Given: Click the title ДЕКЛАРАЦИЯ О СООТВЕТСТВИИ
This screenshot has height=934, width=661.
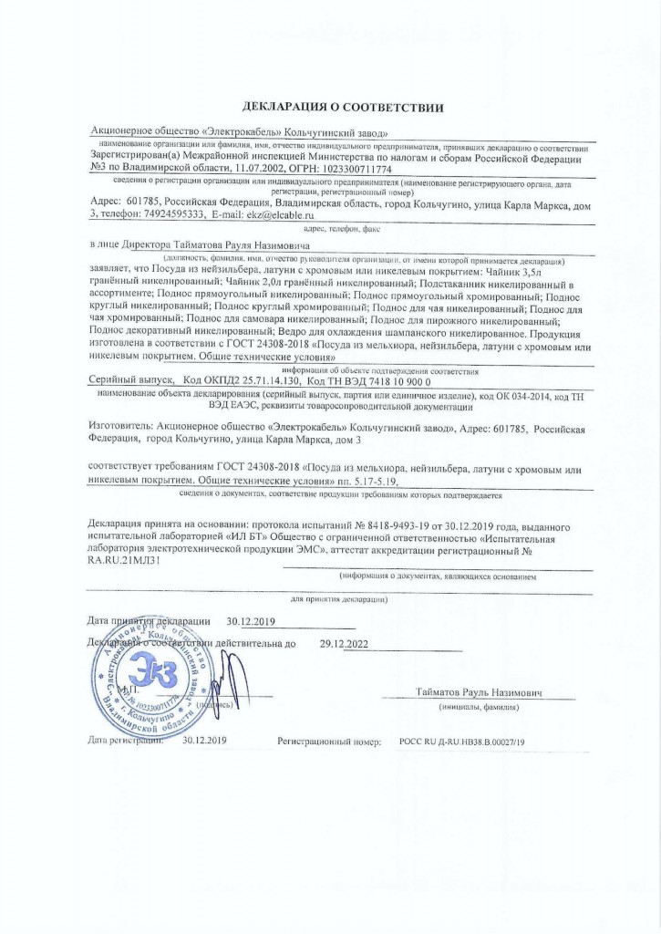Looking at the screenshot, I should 342,109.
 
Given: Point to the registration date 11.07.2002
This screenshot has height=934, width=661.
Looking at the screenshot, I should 259,169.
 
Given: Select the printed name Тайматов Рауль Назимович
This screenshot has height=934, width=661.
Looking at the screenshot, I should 479,693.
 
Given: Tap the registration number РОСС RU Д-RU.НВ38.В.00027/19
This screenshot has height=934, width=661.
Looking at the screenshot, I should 461,742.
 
